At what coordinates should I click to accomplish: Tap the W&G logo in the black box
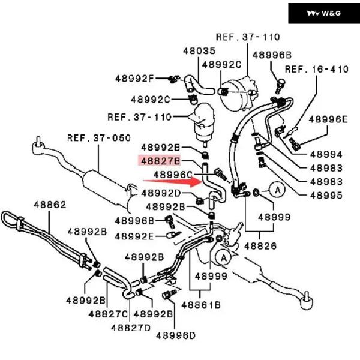[323, 13]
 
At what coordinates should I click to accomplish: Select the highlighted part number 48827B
[160, 161]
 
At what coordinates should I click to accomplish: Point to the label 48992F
[134, 78]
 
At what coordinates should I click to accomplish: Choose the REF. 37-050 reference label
[98, 137]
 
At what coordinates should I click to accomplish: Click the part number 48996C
[173, 175]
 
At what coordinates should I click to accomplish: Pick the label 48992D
[161, 193]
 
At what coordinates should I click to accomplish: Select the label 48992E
[134, 236]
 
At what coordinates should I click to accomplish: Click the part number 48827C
[108, 313]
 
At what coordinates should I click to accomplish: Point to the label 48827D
[130, 328]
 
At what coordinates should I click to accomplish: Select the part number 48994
[326, 154]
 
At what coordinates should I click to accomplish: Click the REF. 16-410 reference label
[316, 70]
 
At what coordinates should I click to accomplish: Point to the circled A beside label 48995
[278, 190]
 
